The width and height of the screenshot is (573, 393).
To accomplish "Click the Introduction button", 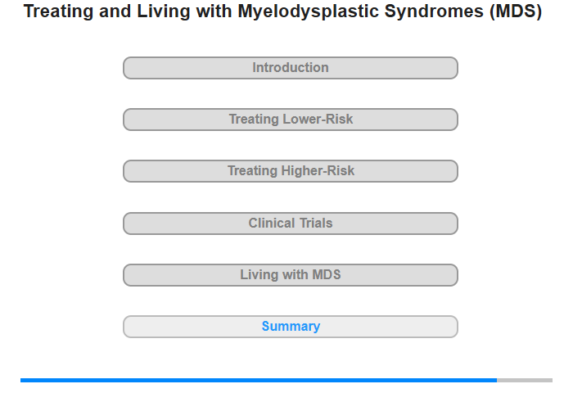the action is (x=291, y=68).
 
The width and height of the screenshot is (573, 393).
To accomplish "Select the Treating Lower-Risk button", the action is (x=291, y=120).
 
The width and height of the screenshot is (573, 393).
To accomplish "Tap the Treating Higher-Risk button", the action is (x=291, y=171).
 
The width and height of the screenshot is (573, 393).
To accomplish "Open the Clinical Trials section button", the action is (x=291, y=224).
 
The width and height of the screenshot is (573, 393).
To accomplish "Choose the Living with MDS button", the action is (x=291, y=275).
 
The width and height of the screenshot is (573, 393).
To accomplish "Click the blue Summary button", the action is (x=291, y=327).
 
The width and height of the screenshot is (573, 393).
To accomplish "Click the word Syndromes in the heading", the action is (x=435, y=12).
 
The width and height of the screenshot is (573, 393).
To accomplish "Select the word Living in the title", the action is (x=164, y=11).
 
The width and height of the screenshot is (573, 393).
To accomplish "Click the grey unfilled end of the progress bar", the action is (x=525, y=381).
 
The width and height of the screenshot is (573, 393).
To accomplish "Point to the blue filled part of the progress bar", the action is (x=259, y=381).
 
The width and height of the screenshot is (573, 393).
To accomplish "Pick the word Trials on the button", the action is (x=316, y=223).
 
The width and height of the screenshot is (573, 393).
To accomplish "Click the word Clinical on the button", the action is (x=272, y=223).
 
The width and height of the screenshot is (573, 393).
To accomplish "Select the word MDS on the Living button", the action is (x=327, y=274).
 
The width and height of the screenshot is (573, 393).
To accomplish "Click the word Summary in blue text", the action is (x=291, y=327).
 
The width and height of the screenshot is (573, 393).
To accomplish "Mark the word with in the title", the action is (x=214, y=11).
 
